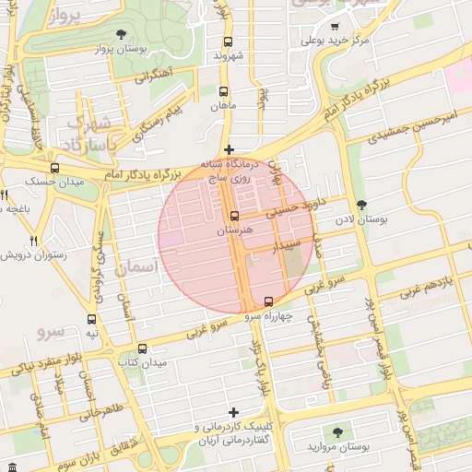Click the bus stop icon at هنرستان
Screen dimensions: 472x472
[x=234, y=216]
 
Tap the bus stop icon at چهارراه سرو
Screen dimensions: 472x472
[x=268, y=301]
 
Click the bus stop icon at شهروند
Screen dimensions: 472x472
[x=228, y=41]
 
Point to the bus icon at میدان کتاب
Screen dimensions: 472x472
[x=142, y=348]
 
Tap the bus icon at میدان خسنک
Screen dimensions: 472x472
[x=55, y=168]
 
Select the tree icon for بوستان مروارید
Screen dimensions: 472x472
[x=337, y=431]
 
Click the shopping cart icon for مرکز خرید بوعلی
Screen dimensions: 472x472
[x=334, y=27]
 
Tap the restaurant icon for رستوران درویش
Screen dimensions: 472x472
[x=34, y=240]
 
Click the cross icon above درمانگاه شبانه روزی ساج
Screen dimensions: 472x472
[x=230, y=149]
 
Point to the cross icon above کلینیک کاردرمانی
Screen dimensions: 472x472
[x=234, y=412]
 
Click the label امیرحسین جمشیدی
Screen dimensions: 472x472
[x=411, y=126]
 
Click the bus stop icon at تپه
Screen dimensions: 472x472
[x=91, y=319]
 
